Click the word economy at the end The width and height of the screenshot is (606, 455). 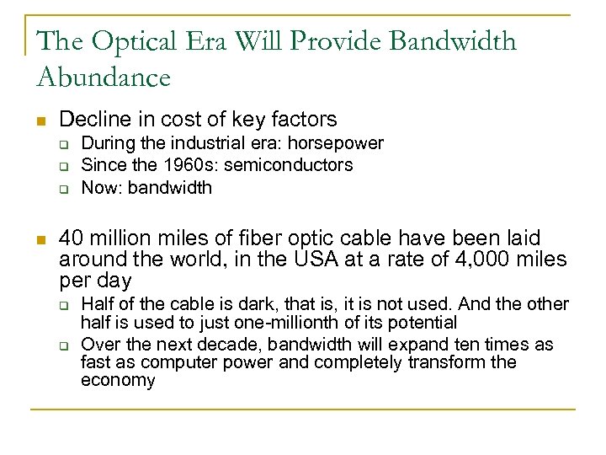pos(118,381)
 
